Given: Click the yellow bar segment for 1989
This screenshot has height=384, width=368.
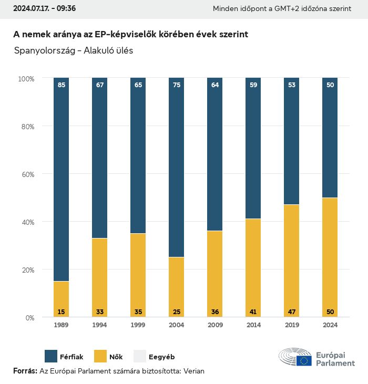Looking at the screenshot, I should tap(62, 298).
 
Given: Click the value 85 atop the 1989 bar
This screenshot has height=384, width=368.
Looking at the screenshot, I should tap(62, 85).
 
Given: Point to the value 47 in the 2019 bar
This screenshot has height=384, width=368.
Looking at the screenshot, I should tap(291, 312).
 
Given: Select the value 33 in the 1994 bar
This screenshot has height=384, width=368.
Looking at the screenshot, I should tap(100, 312).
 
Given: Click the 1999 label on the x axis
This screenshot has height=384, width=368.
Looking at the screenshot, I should tap(138, 325).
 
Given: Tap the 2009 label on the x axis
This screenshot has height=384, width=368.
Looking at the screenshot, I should tap(215, 325).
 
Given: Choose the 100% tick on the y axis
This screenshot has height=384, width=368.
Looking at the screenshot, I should tap(26, 78).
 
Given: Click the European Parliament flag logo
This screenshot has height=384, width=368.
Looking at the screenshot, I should tap(304, 360).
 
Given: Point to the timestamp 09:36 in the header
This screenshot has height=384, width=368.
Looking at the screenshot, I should tap(66, 8).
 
